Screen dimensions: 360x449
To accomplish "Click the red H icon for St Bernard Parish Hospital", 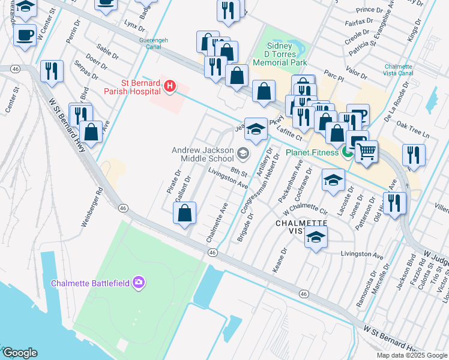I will tap(170, 86).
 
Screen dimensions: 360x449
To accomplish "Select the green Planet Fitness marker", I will tap(347, 152).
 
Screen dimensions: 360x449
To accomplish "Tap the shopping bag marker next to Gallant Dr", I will tap(185, 213).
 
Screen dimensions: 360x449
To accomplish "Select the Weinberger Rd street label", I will tap(92, 206).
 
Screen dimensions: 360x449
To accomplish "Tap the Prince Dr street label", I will tap(369, 10).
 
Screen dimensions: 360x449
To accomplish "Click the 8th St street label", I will tap(239, 173).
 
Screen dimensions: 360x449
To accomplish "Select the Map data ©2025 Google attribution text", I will tap(412, 355).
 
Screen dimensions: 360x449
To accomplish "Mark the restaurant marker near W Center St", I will tap(52, 71).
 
